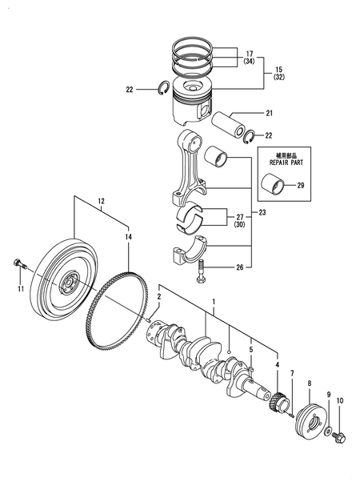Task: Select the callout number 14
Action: click(x=128, y=238)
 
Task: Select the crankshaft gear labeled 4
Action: click(x=277, y=399)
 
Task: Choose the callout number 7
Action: click(x=292, y=374)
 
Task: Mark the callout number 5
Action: click(x=250, y=348)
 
